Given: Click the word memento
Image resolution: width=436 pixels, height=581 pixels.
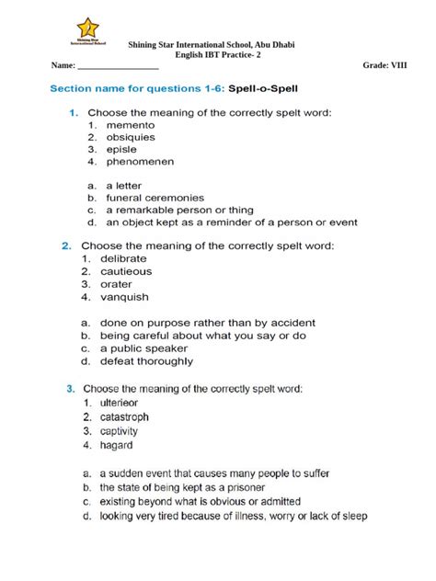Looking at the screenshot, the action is [x=131, y=124].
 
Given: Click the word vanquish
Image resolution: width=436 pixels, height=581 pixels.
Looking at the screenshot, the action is [x=130, y=297].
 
